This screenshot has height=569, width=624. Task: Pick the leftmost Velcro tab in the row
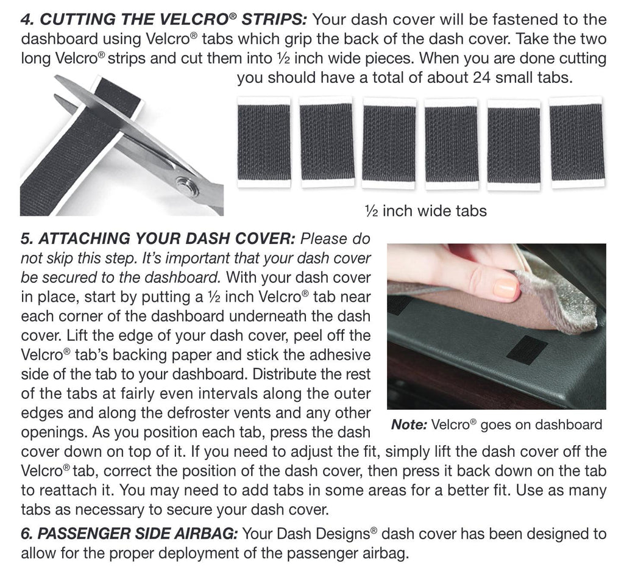[263, 142]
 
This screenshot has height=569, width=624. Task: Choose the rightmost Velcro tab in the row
[575, 142]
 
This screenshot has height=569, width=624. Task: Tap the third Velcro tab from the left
[388, 142]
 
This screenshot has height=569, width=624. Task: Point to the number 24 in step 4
[484, 79]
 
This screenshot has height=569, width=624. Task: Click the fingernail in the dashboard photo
[505, 287]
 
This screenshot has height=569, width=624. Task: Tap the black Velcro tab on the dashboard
[527, 349]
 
